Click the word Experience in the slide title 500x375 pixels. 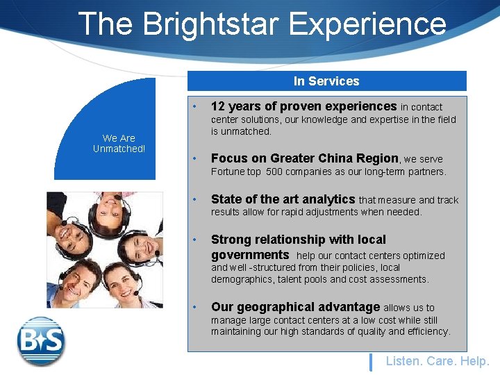(x=367, y=24)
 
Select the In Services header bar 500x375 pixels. (x=326, y=81)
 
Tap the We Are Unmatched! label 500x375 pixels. (x=119, y=144)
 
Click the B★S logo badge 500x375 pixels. (x=41, y=341)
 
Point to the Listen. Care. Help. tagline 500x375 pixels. (x=437, y=361)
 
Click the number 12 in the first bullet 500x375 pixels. (x=217, y=106)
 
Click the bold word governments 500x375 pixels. (x=250, y=255)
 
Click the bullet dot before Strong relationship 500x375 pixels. (x=197, y=240)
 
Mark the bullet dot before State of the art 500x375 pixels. (x=197, y=200)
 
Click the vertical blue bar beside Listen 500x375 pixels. (x=371, y=362)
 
